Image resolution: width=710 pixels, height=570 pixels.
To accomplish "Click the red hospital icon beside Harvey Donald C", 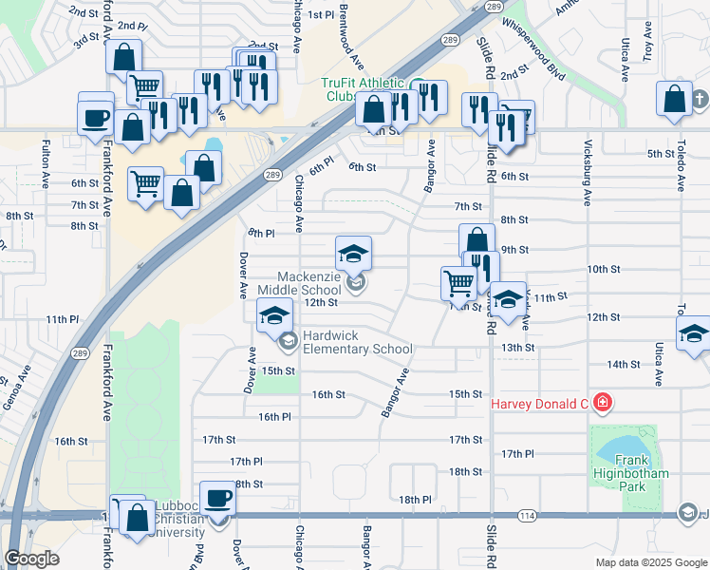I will [x=601, y=403].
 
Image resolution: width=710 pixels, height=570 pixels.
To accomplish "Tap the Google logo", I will [x=31, y=559].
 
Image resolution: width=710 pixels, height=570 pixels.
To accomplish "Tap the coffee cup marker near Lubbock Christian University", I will [x=217, y=498].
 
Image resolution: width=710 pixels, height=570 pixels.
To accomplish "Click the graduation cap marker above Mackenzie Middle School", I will [x=353, y=253].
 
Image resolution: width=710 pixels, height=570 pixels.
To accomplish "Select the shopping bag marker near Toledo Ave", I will [x=674, y=99].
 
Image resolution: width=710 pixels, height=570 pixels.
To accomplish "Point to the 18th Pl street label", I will [x=415, y=500].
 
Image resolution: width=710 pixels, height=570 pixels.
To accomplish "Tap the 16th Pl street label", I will [x=273, y=416].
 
